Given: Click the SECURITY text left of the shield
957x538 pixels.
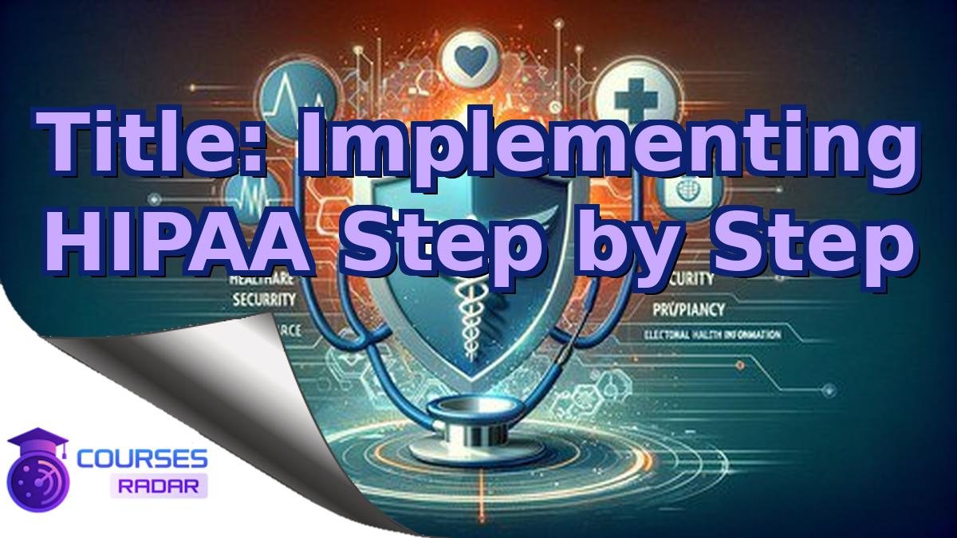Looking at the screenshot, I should [263, 300].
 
